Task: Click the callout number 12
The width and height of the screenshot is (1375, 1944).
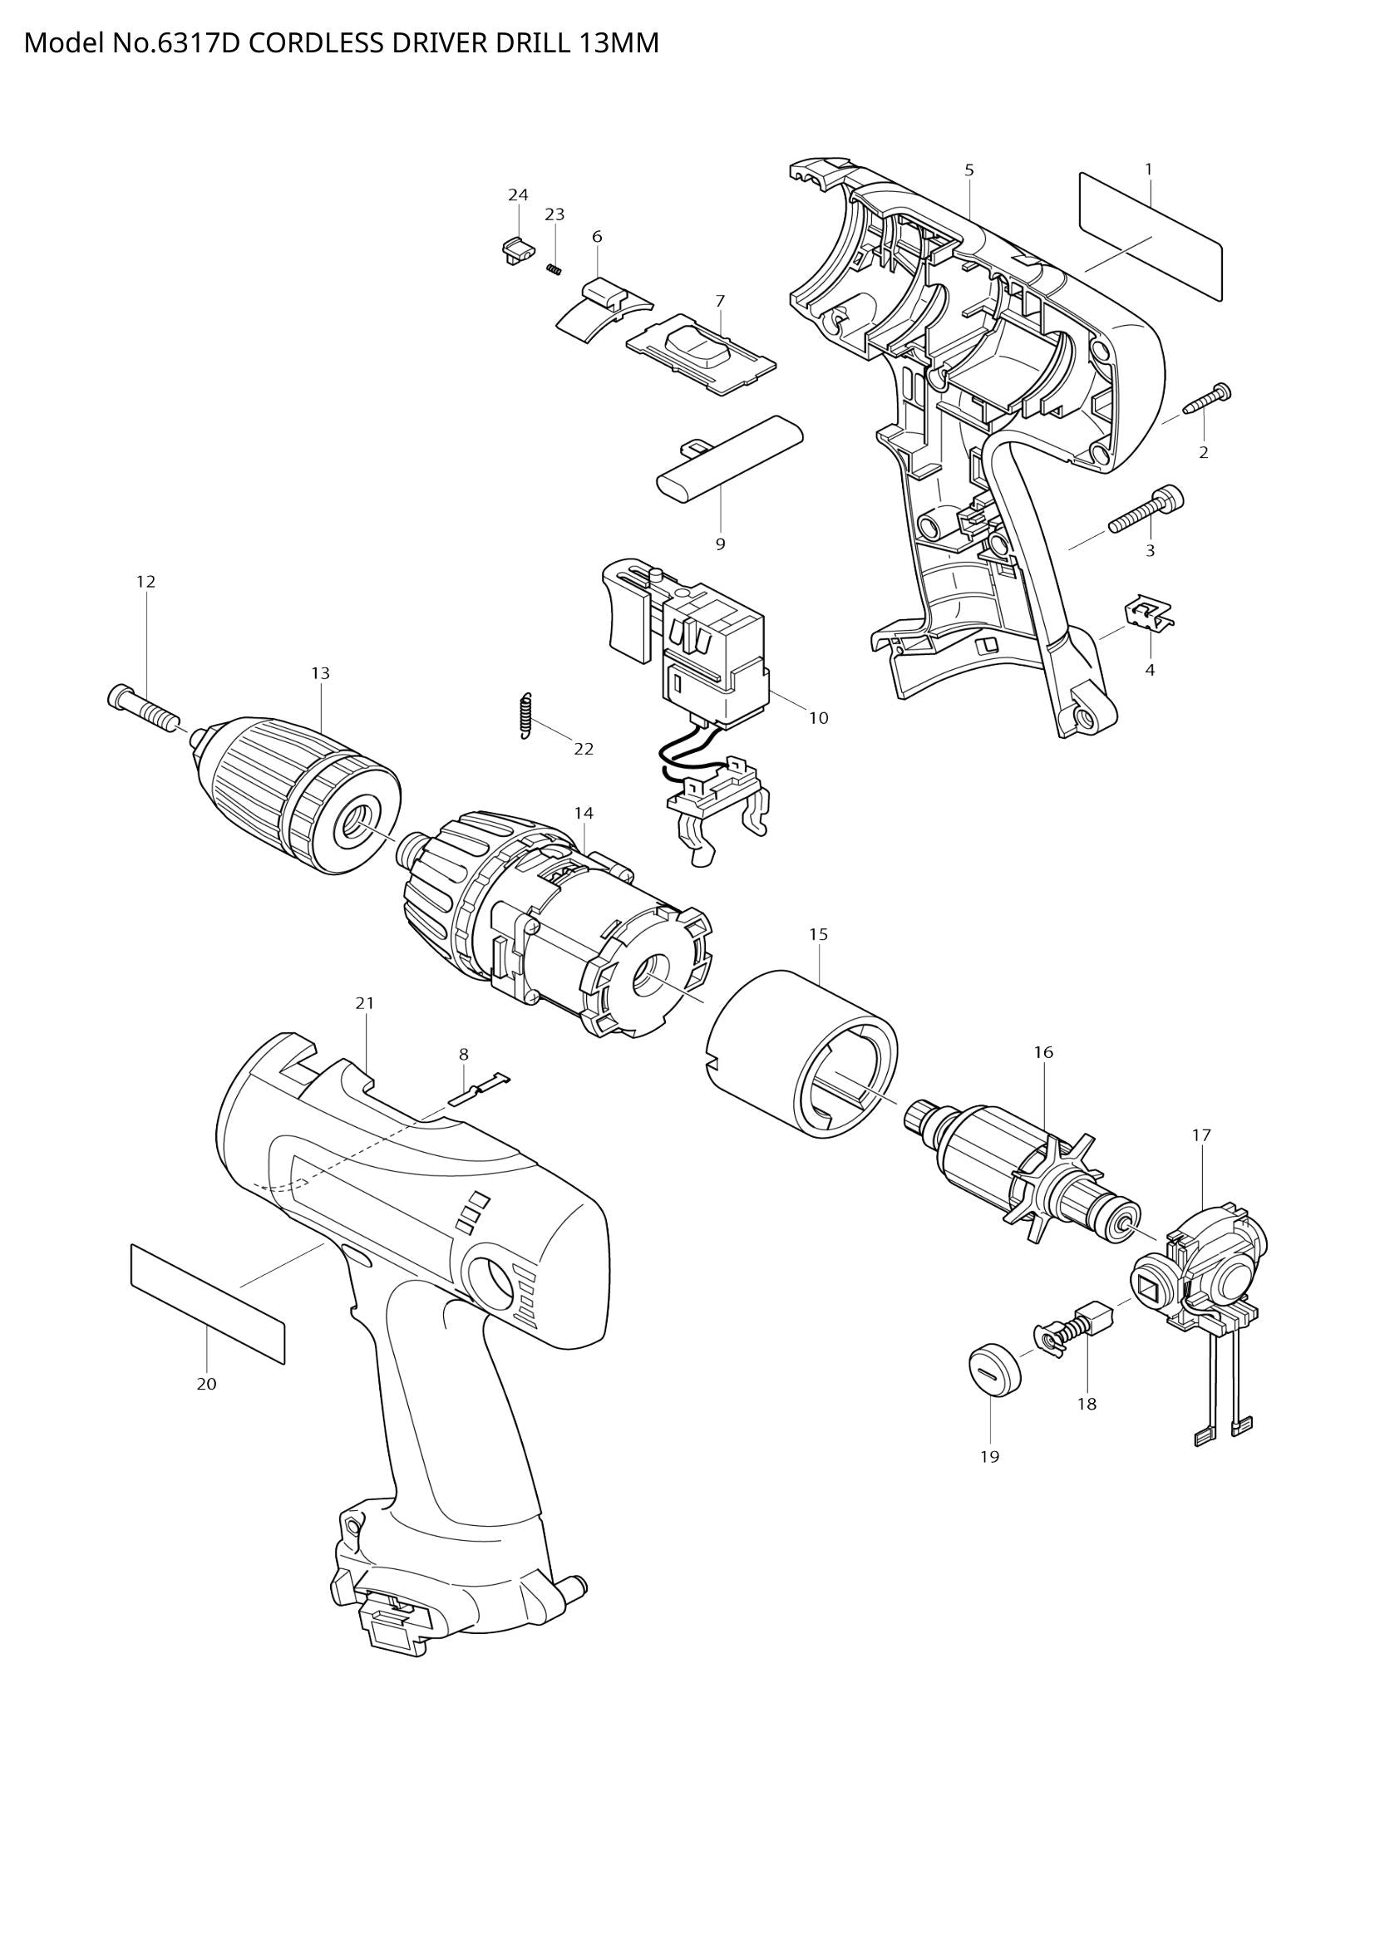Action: [x=145, y=582]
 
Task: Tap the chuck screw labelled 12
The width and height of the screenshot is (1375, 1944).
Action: [x=144, y=708]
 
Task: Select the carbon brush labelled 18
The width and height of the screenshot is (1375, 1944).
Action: [x=1088, y=1321]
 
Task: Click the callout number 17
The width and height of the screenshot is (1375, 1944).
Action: [x=1201, y=1134]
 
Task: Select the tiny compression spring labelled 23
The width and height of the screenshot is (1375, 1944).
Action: [x=554, y=269]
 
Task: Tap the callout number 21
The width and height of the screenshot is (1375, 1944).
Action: [x=364, y=1003]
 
